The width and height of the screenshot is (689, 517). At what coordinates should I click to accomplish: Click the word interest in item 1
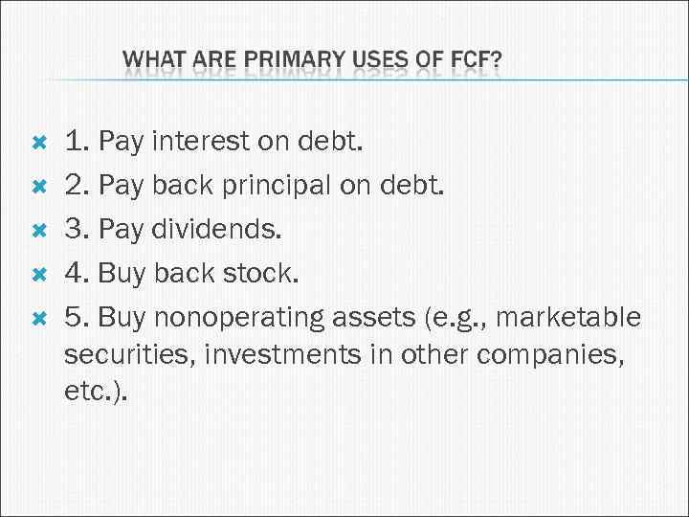tap(198, 144)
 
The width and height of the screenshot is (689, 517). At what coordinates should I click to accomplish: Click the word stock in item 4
tap(262, 274)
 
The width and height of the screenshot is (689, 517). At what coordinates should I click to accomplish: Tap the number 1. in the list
tap(77, 144)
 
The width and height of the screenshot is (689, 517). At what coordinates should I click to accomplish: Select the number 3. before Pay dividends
tap(77, 231)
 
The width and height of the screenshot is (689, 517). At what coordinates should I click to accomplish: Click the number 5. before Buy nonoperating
tap(77, 317)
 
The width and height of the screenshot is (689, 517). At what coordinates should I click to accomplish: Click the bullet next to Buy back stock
tap(39, 275)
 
